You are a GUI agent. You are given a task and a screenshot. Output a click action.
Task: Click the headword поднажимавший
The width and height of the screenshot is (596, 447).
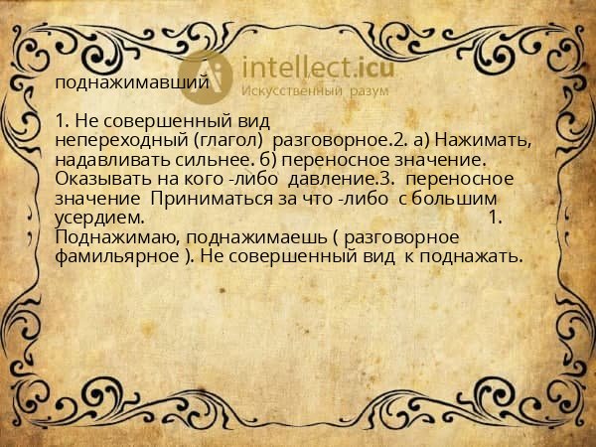131,82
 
